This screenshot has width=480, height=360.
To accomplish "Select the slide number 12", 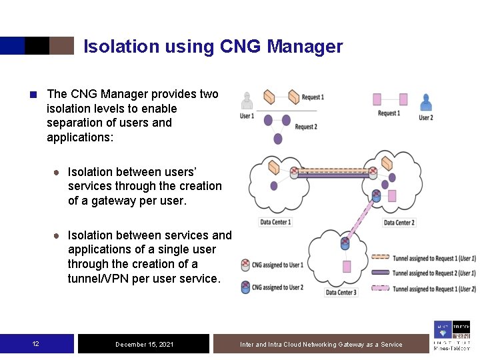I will click(36, 344).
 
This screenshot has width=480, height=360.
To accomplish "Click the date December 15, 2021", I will click(144, 344).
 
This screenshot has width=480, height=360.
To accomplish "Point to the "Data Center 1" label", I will click(275, 222).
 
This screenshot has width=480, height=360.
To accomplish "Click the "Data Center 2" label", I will click(399, 222).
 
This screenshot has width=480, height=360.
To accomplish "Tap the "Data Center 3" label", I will click(341, 293).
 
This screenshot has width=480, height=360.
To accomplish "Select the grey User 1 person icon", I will click(247, 101).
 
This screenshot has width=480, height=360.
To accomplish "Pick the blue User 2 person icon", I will click(425, 101).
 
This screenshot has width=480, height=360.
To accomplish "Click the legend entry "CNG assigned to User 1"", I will click(277, 265).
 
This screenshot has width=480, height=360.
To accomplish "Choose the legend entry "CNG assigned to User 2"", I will click(277, 287).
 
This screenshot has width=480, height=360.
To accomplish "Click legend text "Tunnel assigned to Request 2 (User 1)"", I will click(434, 273).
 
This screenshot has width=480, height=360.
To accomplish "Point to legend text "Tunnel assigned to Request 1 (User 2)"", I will click(434, 289).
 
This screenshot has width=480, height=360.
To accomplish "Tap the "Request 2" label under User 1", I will click(306, 127).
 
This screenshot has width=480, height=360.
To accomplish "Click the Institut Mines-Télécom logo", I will click(451, 335).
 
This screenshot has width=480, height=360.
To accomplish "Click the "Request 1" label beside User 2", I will click(389, 113).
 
